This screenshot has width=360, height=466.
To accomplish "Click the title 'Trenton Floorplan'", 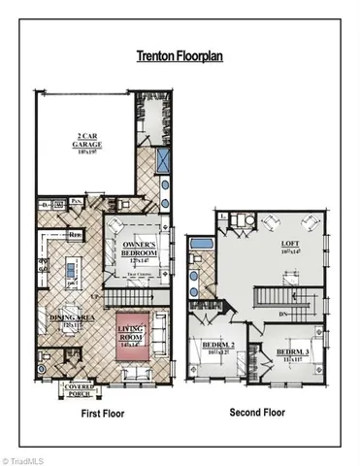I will click(x=180, y=57).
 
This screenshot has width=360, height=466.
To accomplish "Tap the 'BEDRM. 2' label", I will click(x=218, y=348).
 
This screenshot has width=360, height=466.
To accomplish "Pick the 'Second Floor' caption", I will click(x=258, y=413).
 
